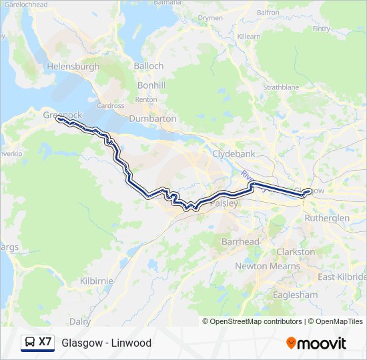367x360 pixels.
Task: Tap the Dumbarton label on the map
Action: tap(153, 119)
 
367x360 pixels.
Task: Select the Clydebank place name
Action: tap(234, 153)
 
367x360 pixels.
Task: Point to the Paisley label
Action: tap(224, 203)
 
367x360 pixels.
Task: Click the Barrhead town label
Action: tap(240, 241)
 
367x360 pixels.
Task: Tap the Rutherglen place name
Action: tap(326, 218)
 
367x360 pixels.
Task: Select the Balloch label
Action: tap(148, 66)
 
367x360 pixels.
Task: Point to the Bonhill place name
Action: tap(151, 86)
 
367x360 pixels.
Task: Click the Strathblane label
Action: tap(281, 87)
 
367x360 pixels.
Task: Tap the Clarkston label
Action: tap(296, 252)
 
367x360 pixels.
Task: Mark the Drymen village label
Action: tap(210, 18)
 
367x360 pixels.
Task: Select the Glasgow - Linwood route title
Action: tap(106, 343)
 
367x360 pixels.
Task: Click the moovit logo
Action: tap(316, 343)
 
